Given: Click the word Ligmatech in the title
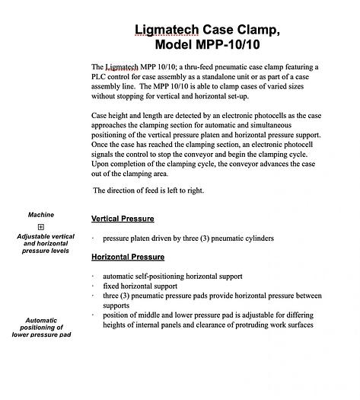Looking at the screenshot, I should pos(167,30).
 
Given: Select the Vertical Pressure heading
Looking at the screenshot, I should pos(123,219).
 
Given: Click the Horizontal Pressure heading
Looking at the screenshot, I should pos(128,257).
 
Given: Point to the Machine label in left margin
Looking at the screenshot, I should pos(41,215).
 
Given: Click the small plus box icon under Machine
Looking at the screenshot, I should pos(41,227).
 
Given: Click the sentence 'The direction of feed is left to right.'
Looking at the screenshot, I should pos(148,190).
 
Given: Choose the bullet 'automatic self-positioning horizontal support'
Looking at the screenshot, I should pos(173,275).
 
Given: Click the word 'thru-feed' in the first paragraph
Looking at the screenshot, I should pos(196,68).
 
